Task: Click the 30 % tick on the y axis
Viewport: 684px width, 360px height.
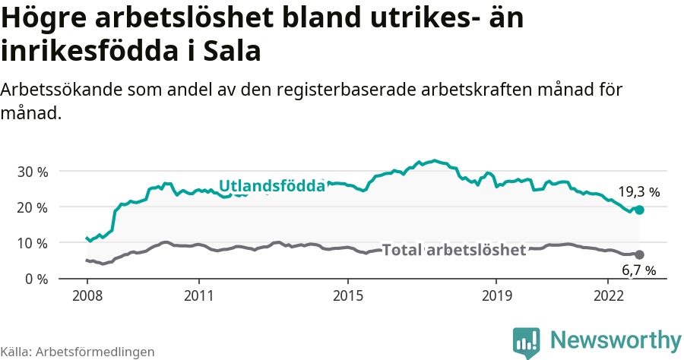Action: tap(32, 172)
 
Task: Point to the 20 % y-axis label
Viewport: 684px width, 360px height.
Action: tap(32, 207)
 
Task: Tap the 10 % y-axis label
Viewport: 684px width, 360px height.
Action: tap(32, 243)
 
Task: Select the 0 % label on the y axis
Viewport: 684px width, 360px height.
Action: tap(36, 279)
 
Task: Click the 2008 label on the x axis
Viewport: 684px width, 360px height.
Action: tap(87, 295)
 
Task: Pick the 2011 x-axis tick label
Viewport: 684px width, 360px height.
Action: tap(198, 295)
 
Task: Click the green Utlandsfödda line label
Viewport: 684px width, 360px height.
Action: tap(272, 185)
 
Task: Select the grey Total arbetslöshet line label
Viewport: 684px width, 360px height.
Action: tap(454, 250)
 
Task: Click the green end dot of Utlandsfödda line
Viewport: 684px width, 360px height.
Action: tap(640, 210)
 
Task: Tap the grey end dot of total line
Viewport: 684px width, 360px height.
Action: tap(639, 254)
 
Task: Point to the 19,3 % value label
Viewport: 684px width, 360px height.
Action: tap(638, 192)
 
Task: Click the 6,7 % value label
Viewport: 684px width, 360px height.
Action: tap(638, 270)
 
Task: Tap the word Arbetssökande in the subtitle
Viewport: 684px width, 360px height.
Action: tap(55, 90)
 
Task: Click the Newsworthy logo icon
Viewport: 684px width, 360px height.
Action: tap(527, 342)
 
